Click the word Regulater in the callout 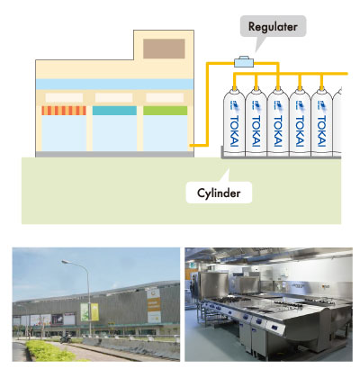(x=273, y=27)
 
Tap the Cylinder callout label (x=219, y=193)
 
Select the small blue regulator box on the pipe (x=244, y=62)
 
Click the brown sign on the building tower (x=164, y=49)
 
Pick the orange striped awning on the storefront (x=64, y=111)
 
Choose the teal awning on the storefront (x=114, y=111)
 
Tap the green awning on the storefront (x=165, y=111)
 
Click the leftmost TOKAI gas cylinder (x=234, y=122)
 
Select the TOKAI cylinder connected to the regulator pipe (x=278, y=122)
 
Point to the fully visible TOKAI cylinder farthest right (x=321, y=122)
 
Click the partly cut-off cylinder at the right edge (x=337, y=122)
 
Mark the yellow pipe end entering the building (x=191, y=146)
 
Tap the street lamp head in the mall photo (x=67, y=262)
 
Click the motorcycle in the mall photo (x=66, y=339)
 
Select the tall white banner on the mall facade (x=154, y=305)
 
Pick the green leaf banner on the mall (x=89, y=312)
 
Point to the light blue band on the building (x=114, y=85)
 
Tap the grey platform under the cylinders (x=281, y=156)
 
